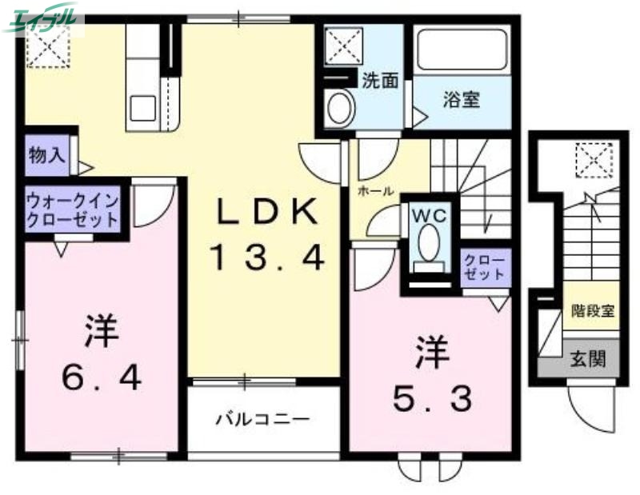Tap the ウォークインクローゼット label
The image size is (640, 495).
[73, 210]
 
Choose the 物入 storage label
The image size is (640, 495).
[46, 154]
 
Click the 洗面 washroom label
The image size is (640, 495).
[380, 80]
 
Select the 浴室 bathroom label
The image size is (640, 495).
[462, 100]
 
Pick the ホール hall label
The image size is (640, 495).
[374, 192]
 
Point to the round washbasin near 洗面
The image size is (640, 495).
[341, 106]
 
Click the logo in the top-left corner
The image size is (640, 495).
[44, 18]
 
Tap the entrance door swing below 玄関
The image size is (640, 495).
[590, 404]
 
